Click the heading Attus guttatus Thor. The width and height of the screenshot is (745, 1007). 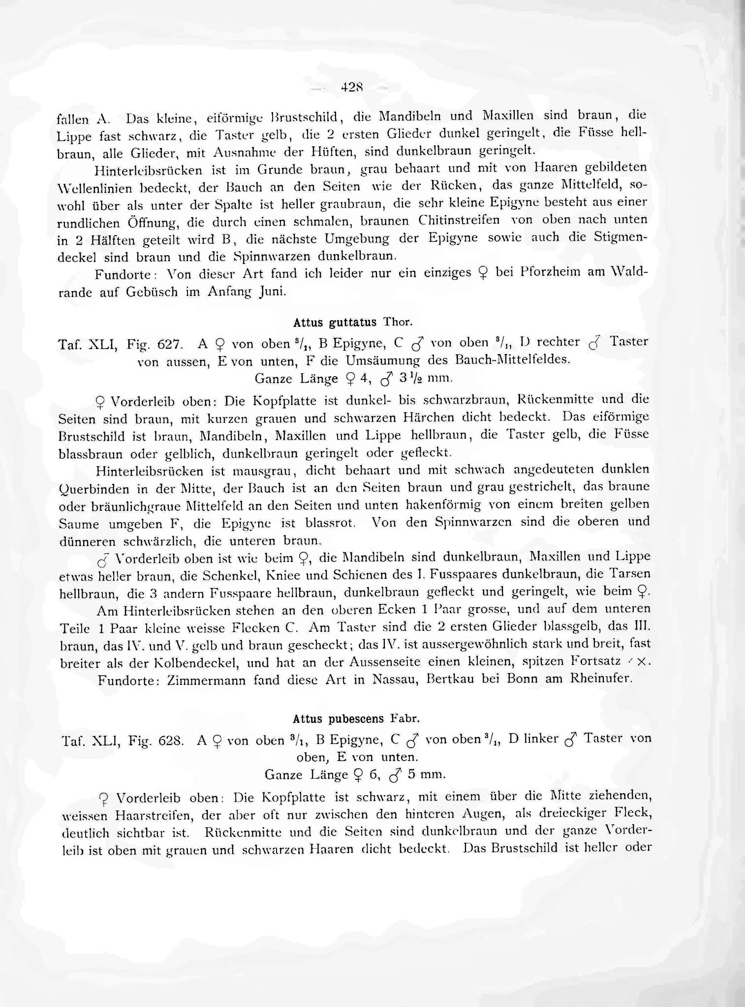(352, 323)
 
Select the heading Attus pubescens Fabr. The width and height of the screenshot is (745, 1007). (356, 719)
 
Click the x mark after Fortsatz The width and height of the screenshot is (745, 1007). (641, 662)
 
